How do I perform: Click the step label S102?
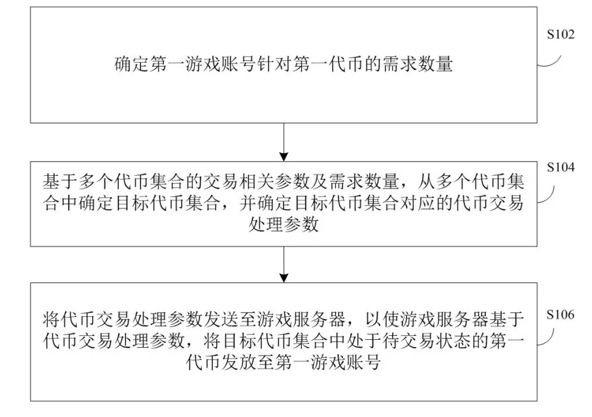click(x=561, y=35)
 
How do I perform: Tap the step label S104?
click(x=561, y=167)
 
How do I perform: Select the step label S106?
click(x=560, y=314)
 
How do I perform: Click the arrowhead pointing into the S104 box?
click(x=284, y=157)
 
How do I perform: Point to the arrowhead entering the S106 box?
click(x=284, y=278)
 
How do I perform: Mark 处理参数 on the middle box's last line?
click(x=284, y=225)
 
